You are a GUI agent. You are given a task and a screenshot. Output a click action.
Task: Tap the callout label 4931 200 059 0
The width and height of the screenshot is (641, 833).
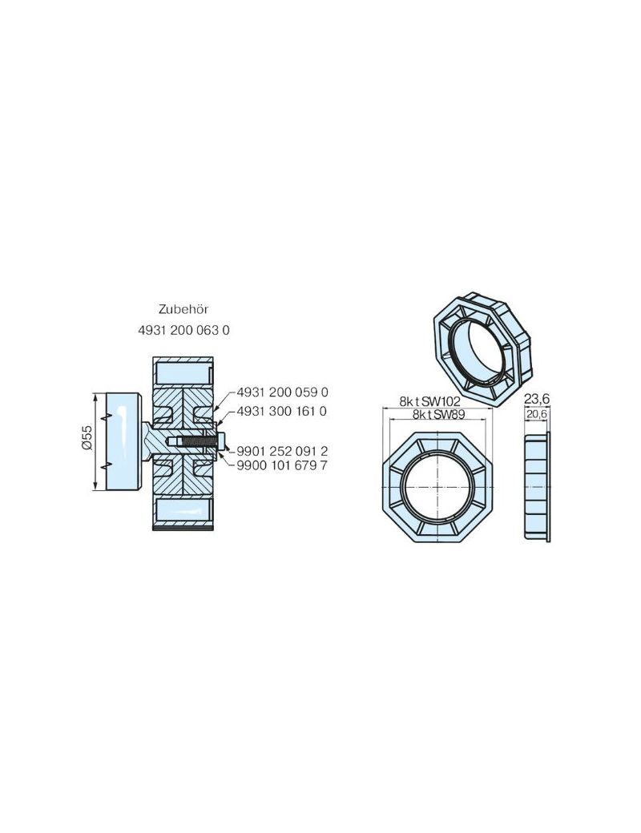[x=283, y=392]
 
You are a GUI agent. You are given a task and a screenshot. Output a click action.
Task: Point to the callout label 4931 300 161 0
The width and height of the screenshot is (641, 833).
[x=283, y=411]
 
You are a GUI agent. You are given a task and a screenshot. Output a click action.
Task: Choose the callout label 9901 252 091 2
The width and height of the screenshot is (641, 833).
[x=283, y=450]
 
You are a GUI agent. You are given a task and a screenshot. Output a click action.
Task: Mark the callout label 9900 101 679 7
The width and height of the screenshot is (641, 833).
[x=283, y=465]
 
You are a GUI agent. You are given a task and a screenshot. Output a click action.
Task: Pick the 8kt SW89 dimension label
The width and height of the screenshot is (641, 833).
[x=438, y=414]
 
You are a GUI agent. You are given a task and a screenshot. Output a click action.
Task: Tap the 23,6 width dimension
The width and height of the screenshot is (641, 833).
[x=536, y=399]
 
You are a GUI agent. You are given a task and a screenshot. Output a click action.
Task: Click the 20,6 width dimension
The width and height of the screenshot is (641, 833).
[x=536, y=414]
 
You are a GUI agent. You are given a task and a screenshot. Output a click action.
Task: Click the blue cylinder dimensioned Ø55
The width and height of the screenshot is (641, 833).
[x=123, y=441]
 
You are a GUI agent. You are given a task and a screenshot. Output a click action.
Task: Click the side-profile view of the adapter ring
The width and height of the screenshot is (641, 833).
[x=536, y=487]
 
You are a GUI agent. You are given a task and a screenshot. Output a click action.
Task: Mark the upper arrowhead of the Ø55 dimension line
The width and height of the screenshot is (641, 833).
[x=97, y=396]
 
